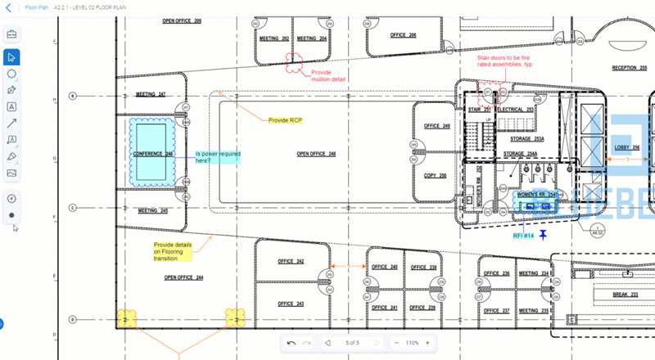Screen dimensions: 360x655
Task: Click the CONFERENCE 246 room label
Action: [153, 154]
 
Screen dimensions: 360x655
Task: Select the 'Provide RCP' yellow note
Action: [285, 120]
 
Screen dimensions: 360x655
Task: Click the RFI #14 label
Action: [523, 236]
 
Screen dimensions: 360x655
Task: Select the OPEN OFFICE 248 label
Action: [316, 153]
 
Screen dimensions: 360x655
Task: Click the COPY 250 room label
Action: [436, 176]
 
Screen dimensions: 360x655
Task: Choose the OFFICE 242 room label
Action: [291, 262]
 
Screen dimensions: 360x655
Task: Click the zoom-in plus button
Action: [427, 343]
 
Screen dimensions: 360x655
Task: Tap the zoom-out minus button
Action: [396, 343]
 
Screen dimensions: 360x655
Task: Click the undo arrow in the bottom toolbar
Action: [291, 343]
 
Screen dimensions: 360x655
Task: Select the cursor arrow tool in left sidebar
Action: [12, 56]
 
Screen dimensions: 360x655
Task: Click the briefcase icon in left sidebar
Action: [12, 34]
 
